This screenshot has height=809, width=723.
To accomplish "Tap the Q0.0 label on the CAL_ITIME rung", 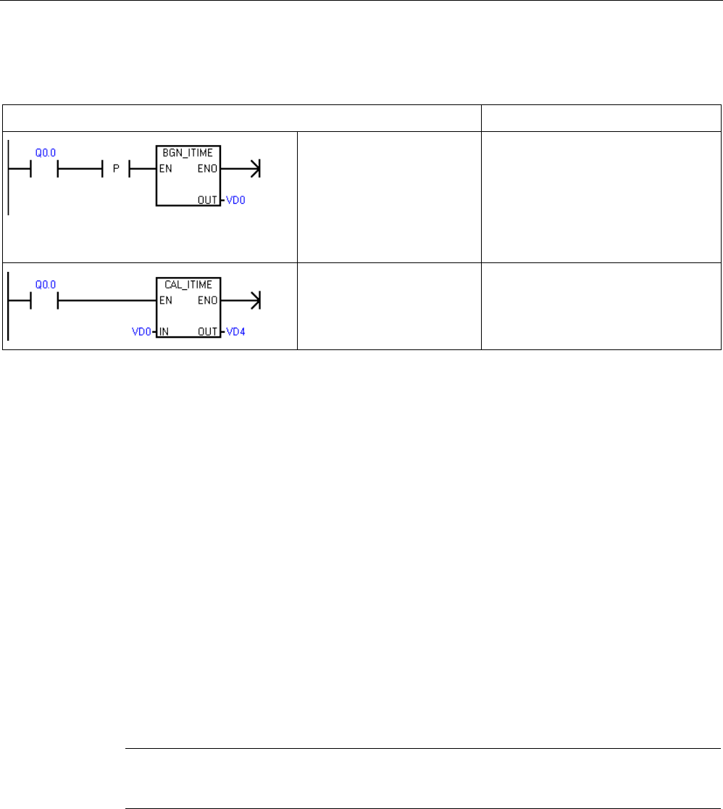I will [45, 284].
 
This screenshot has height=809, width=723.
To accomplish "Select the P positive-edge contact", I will [117, 171].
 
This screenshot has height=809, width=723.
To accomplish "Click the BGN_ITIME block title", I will [188, 155].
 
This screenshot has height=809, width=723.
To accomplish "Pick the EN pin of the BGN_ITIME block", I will [164, 171].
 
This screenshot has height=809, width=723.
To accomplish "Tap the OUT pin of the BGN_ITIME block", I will [209, 199].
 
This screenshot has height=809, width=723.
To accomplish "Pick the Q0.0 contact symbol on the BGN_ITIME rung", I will [43, 171].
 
